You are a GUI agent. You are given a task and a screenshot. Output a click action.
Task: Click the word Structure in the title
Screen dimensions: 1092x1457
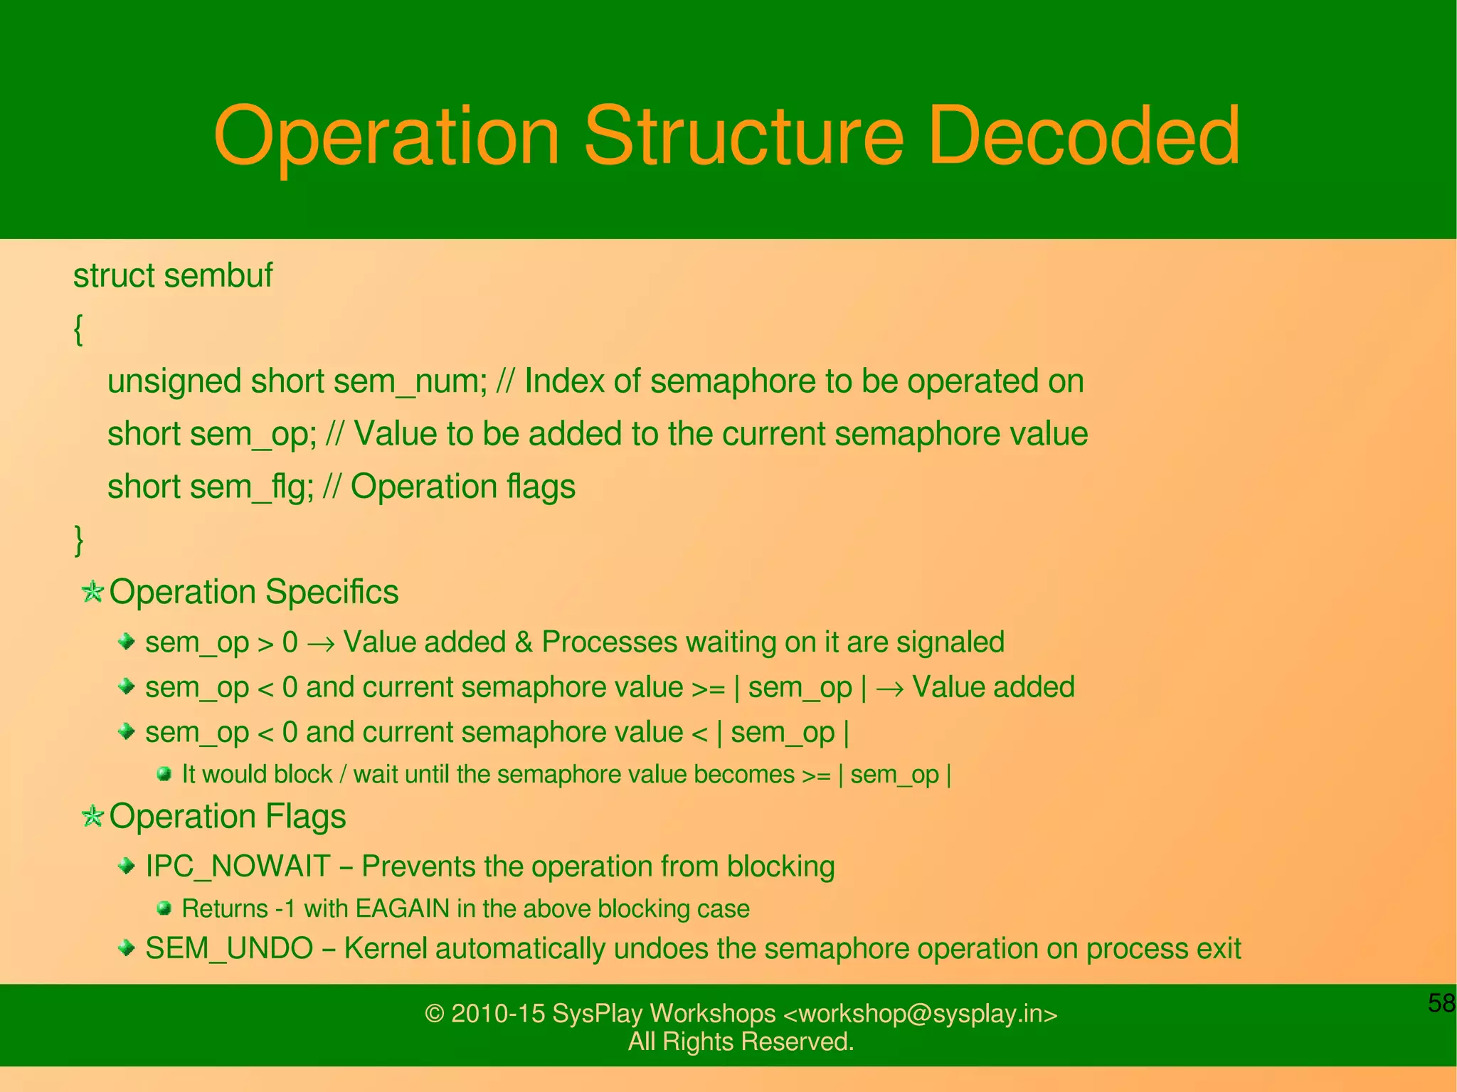point(743,135)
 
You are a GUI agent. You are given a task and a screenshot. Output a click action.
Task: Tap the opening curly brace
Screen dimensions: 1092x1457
point(78,329)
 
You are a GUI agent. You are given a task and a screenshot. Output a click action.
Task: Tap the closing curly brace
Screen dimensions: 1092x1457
point(78,539)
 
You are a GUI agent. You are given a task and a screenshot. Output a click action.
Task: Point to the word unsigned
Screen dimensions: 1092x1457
point(174,381)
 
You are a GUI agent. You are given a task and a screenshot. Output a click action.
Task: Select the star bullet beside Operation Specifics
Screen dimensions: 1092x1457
point(92,591)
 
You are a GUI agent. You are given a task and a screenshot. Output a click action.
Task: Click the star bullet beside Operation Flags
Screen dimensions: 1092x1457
point(92,816)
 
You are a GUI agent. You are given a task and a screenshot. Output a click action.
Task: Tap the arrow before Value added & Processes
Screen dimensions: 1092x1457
point(320,643)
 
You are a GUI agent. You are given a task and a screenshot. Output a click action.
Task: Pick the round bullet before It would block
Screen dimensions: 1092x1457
point(164,773)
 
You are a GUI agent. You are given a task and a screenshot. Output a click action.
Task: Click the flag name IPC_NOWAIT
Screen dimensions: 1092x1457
point(238,866)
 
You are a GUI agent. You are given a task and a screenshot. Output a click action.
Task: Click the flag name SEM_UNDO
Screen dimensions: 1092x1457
point(229,948)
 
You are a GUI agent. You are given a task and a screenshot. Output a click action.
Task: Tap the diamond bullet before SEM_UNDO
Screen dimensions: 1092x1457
point(127,948)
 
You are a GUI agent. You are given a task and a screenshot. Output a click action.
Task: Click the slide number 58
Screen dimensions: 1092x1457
point(1441,1003)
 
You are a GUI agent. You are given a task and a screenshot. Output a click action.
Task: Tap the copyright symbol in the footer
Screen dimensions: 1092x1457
point(434,1014)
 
